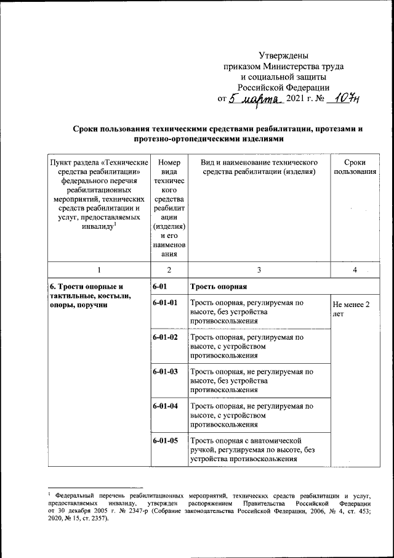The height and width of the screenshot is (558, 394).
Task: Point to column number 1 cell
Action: tap(97, 270)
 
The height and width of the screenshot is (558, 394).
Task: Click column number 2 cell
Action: tap(169, 270)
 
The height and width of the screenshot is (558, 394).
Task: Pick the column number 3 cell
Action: tap(259, 270)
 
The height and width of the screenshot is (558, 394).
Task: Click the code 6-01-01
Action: tap(166, 303)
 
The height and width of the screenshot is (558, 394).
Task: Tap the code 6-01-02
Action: tap(166, 337)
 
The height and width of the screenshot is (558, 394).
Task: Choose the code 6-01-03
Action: tap(166, 372)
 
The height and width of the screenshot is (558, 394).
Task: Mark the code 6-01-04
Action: tap(166, 406)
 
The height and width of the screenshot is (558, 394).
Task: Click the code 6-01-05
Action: tap(166, 441)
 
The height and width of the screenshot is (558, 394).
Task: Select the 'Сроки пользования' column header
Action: tap(354, 166)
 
